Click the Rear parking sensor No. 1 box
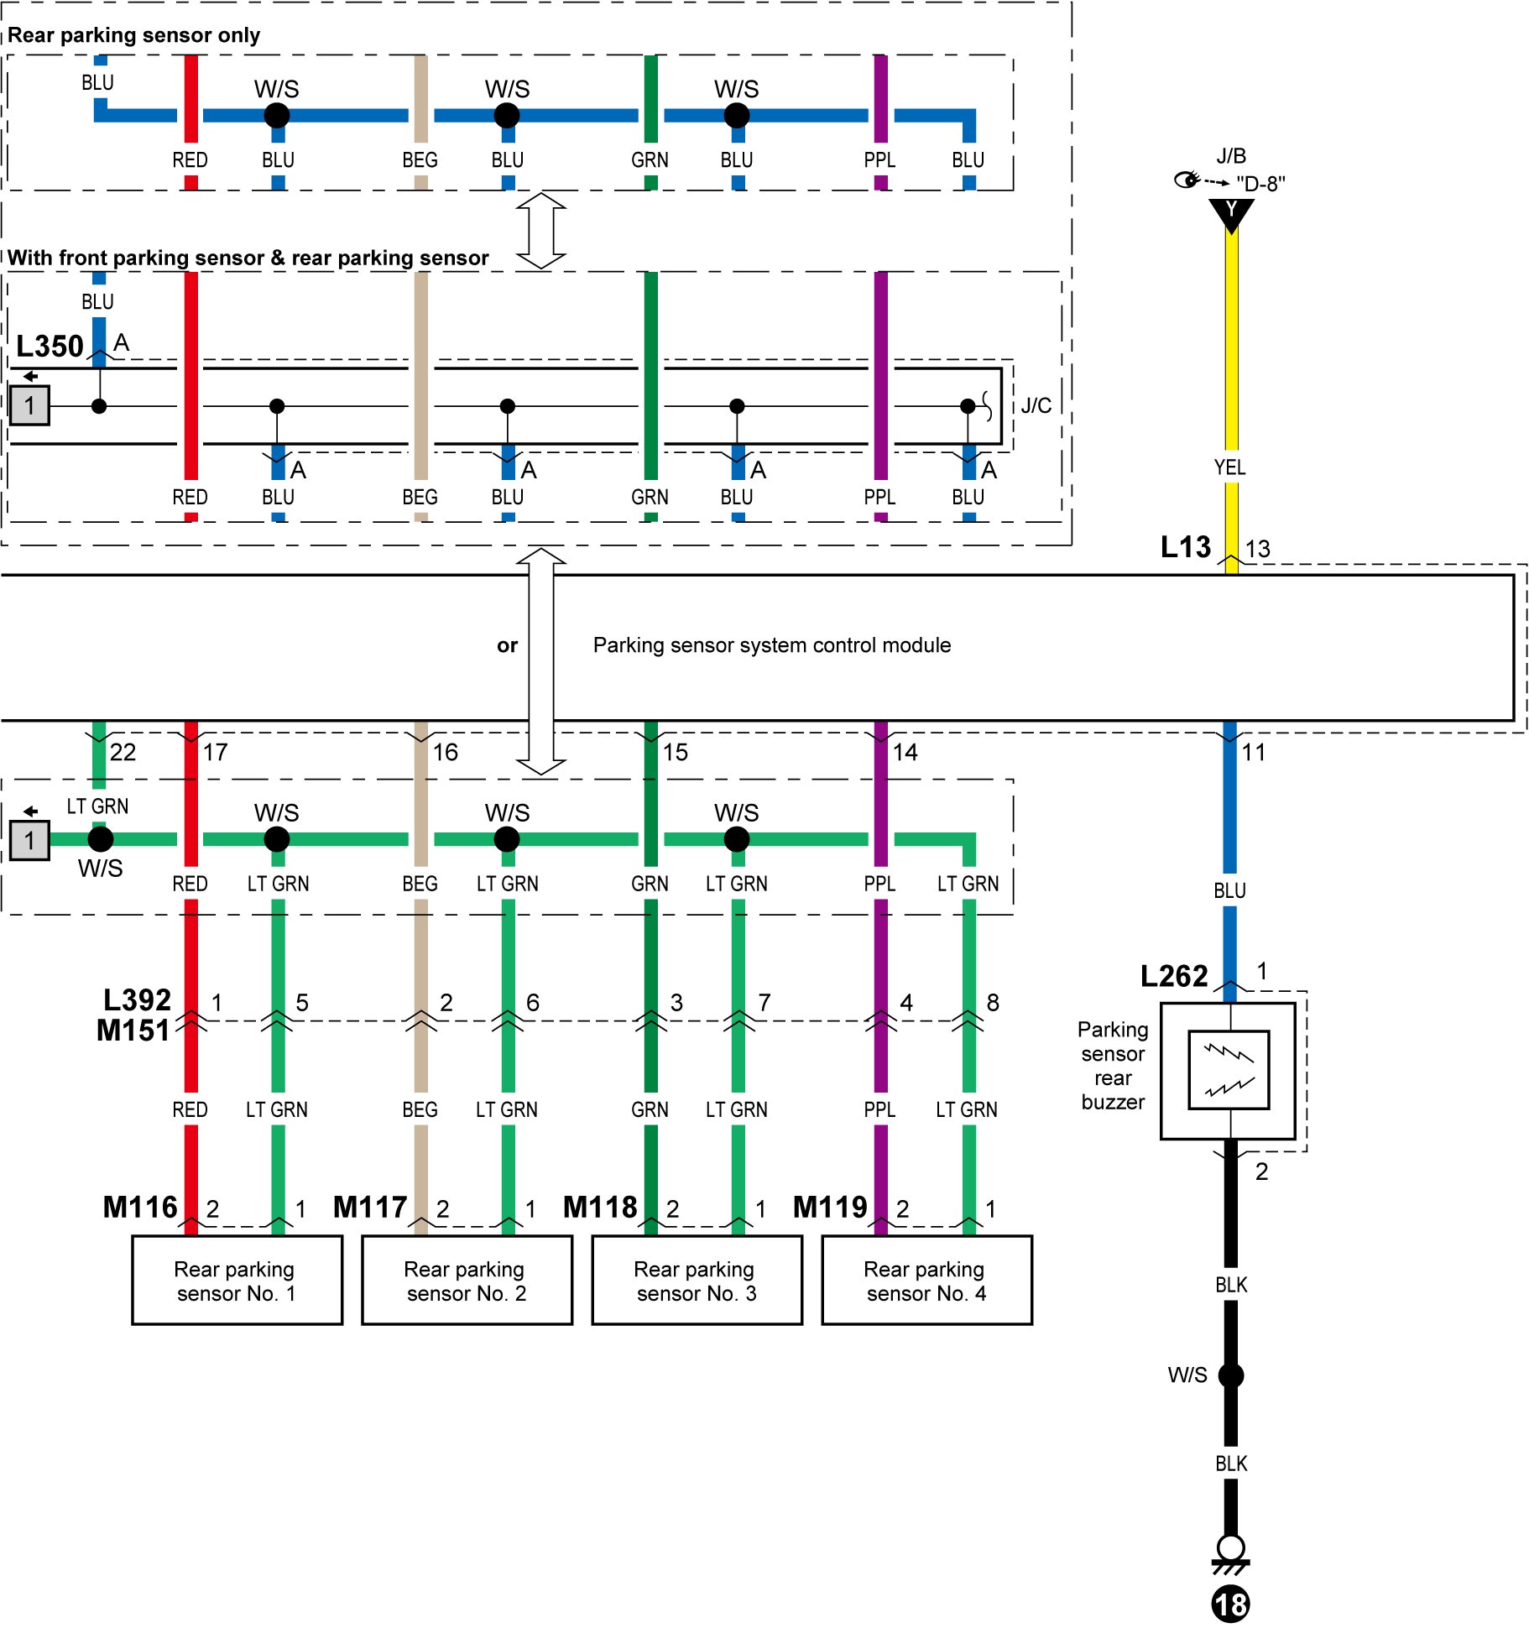[x=237, y=1280]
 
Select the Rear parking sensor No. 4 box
[x=927, y=1280]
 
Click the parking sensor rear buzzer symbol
[x=1229, y=1071]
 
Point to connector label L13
[x=1186, y=547]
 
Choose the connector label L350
[x=50, y=346]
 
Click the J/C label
[x=1036, y=406]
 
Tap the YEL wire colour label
[x=1230, y=467]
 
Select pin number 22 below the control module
[x=123, y=752]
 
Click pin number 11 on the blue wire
[x=1254, y=752]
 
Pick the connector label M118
[x=600, y=1207]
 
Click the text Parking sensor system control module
[x=772, y=644]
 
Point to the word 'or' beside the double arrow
[x=507, y=645]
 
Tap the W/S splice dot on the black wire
[x=1231, y=1375]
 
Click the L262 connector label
[x=1174, y=976]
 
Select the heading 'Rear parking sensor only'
[x=134, y=35]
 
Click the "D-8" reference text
[x=1260, y=184]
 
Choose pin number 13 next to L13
[x=1258, y=549]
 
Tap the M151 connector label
[x=133, y=1030]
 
